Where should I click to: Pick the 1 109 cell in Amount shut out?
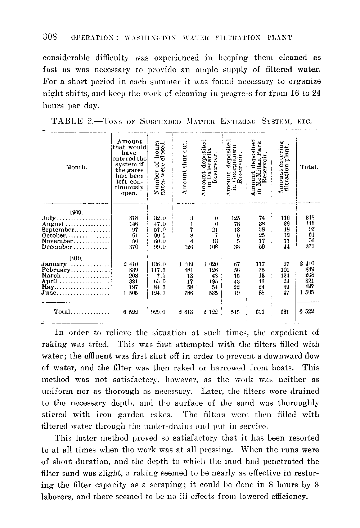[x=186, y=265]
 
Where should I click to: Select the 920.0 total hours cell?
[x=158, y=312]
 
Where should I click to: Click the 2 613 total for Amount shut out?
[x=186, y=312]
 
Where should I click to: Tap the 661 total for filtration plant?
[x=284, y=312]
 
